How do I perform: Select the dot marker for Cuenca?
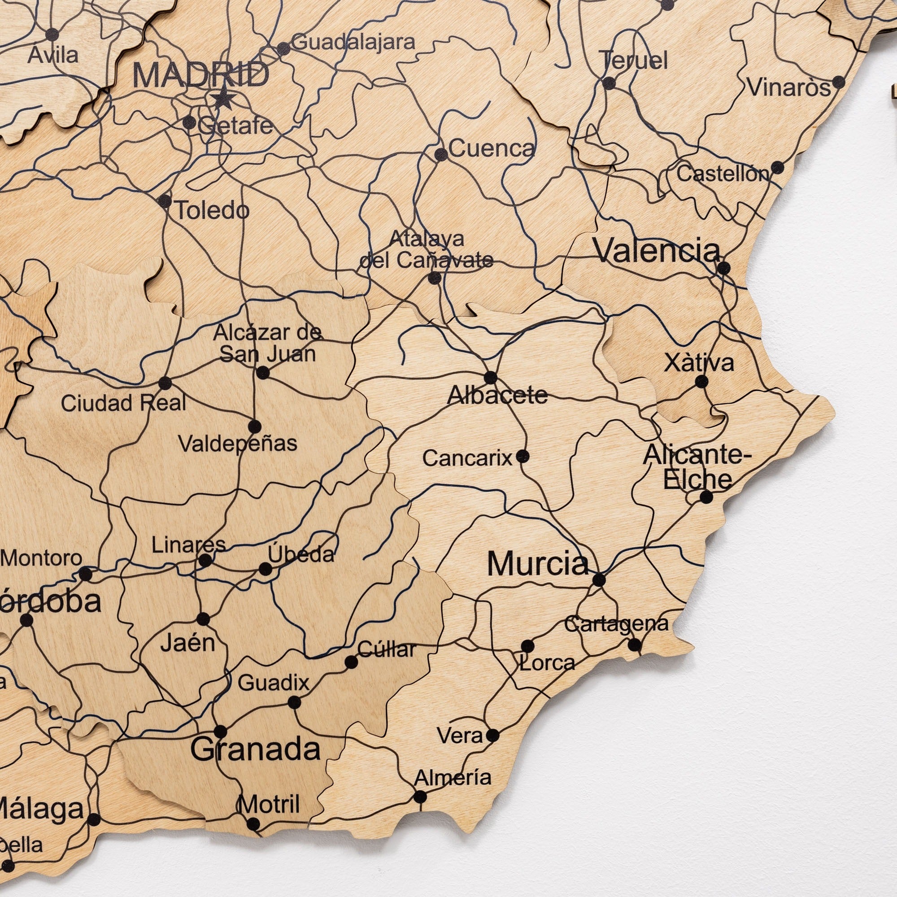[x=441, y=155]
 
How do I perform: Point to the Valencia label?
[x=657, y=251]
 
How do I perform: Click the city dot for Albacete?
[x=491, y=378]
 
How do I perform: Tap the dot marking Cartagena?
[x=635, y=645]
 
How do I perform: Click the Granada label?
[x=255, y=749]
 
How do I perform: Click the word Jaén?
[x=187, y=644]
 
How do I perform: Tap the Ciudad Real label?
[x=123, y=403]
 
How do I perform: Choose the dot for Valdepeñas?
[x=254, y=426]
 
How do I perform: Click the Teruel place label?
[x=635, y=61]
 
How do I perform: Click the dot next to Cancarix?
[x=523, y=457]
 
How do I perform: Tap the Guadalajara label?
[x=354, y=42]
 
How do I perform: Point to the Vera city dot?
[x=492, y=736]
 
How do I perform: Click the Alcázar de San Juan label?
[x=268, y=344]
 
